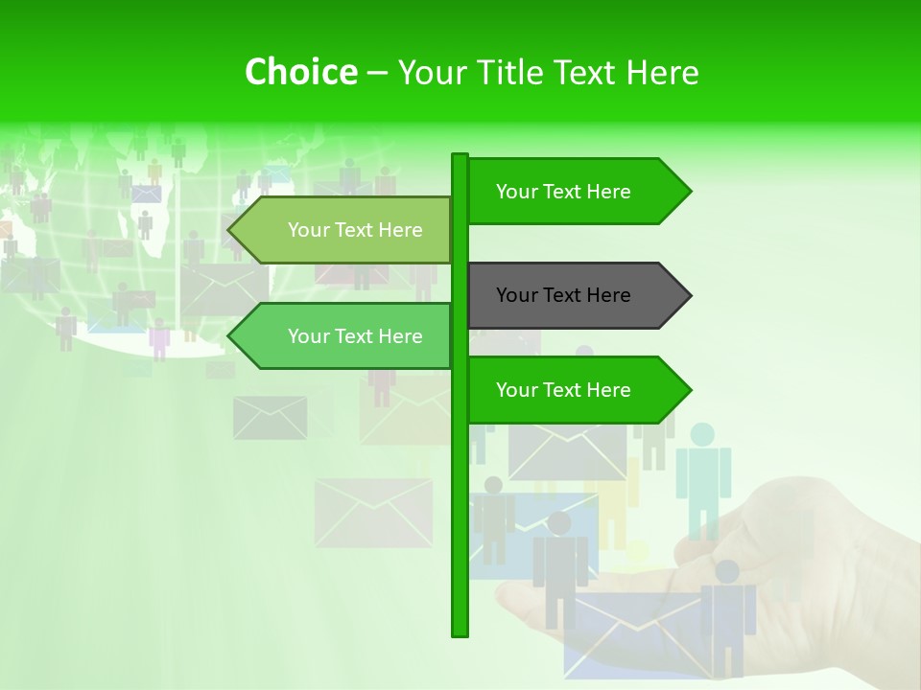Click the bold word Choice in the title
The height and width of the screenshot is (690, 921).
(x=300, y=72)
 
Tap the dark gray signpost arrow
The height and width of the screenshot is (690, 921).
(x=566, y=295)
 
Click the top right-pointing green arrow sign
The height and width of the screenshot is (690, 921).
(x=566, y=192)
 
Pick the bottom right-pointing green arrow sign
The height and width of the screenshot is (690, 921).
(x=566, y=390)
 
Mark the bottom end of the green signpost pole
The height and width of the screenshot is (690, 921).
(x=460, y=632)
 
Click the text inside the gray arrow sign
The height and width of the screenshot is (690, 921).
(x=563, y=295)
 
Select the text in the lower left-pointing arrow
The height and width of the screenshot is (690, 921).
(x=355, y=336)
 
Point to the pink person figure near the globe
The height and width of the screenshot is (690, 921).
(x=159, y=338)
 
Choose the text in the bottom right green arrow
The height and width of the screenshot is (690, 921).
(x=563, y=390)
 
